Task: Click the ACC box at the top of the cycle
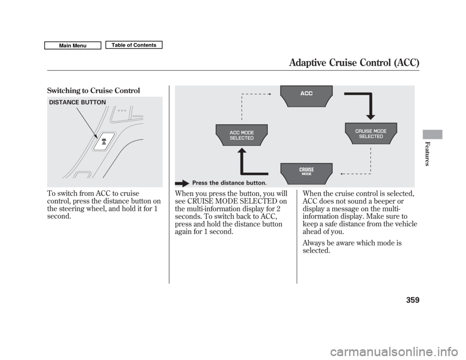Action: coord(306,95)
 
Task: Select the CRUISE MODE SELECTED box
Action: coord(371,133)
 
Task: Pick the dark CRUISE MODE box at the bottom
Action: coord(306,171)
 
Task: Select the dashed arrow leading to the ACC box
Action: coord(252,93)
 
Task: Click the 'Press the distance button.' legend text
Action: coord(229,183)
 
